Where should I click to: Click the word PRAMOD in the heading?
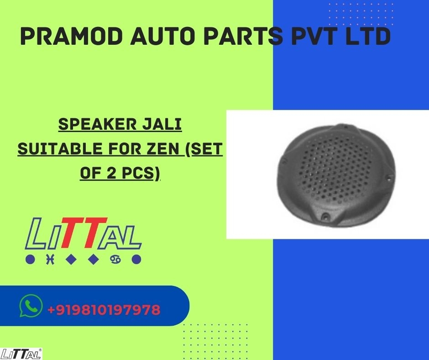[71, 36]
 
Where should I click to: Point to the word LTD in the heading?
[368, 36]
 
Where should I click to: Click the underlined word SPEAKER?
[97, 124]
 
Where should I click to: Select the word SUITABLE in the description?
[60, 149]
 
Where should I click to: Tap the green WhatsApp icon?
[31, 306]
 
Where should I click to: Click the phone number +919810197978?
[104, 310]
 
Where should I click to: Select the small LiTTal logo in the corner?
[21, 354]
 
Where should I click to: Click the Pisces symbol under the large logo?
[50, 259]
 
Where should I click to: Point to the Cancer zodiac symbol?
[115, 259]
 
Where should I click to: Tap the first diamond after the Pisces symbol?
[71, 259]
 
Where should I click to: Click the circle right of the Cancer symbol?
[136, 259]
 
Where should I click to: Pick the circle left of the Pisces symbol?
[30, 259]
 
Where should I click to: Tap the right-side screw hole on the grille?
[389, 179]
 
